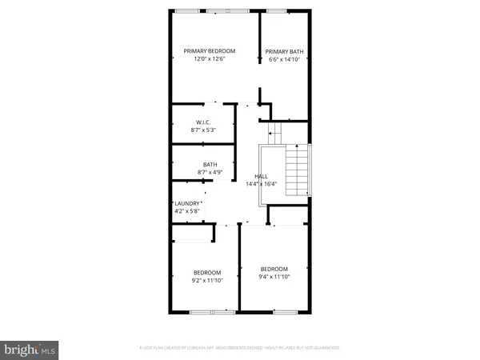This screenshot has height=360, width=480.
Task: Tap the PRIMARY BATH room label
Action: point(284,51)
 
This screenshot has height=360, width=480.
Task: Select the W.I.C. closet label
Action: point(203,122)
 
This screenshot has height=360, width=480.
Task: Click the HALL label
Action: point(261,176)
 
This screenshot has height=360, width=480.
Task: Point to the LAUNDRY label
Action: point(187,204)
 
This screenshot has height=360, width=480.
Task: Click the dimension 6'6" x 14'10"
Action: point(284,59)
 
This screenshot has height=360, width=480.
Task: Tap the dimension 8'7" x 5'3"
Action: point(203,130)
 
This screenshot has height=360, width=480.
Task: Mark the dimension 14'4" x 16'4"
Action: point(261,184)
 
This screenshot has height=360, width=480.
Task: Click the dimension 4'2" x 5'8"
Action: point(187,212)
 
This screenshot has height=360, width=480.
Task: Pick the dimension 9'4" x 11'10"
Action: point(274,276)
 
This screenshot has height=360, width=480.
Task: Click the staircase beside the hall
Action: point(298,170)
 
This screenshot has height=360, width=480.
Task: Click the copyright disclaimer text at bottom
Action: point(240,348)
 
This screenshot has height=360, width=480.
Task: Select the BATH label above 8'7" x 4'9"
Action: point(210,164)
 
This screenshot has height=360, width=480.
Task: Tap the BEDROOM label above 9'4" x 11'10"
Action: point(274,268)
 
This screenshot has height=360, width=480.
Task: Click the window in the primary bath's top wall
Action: point(277,11)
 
